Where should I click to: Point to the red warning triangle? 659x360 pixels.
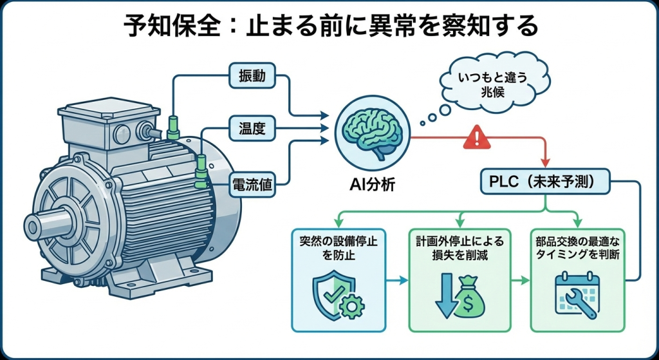pos(476,137)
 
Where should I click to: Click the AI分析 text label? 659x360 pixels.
pos(369,185)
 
